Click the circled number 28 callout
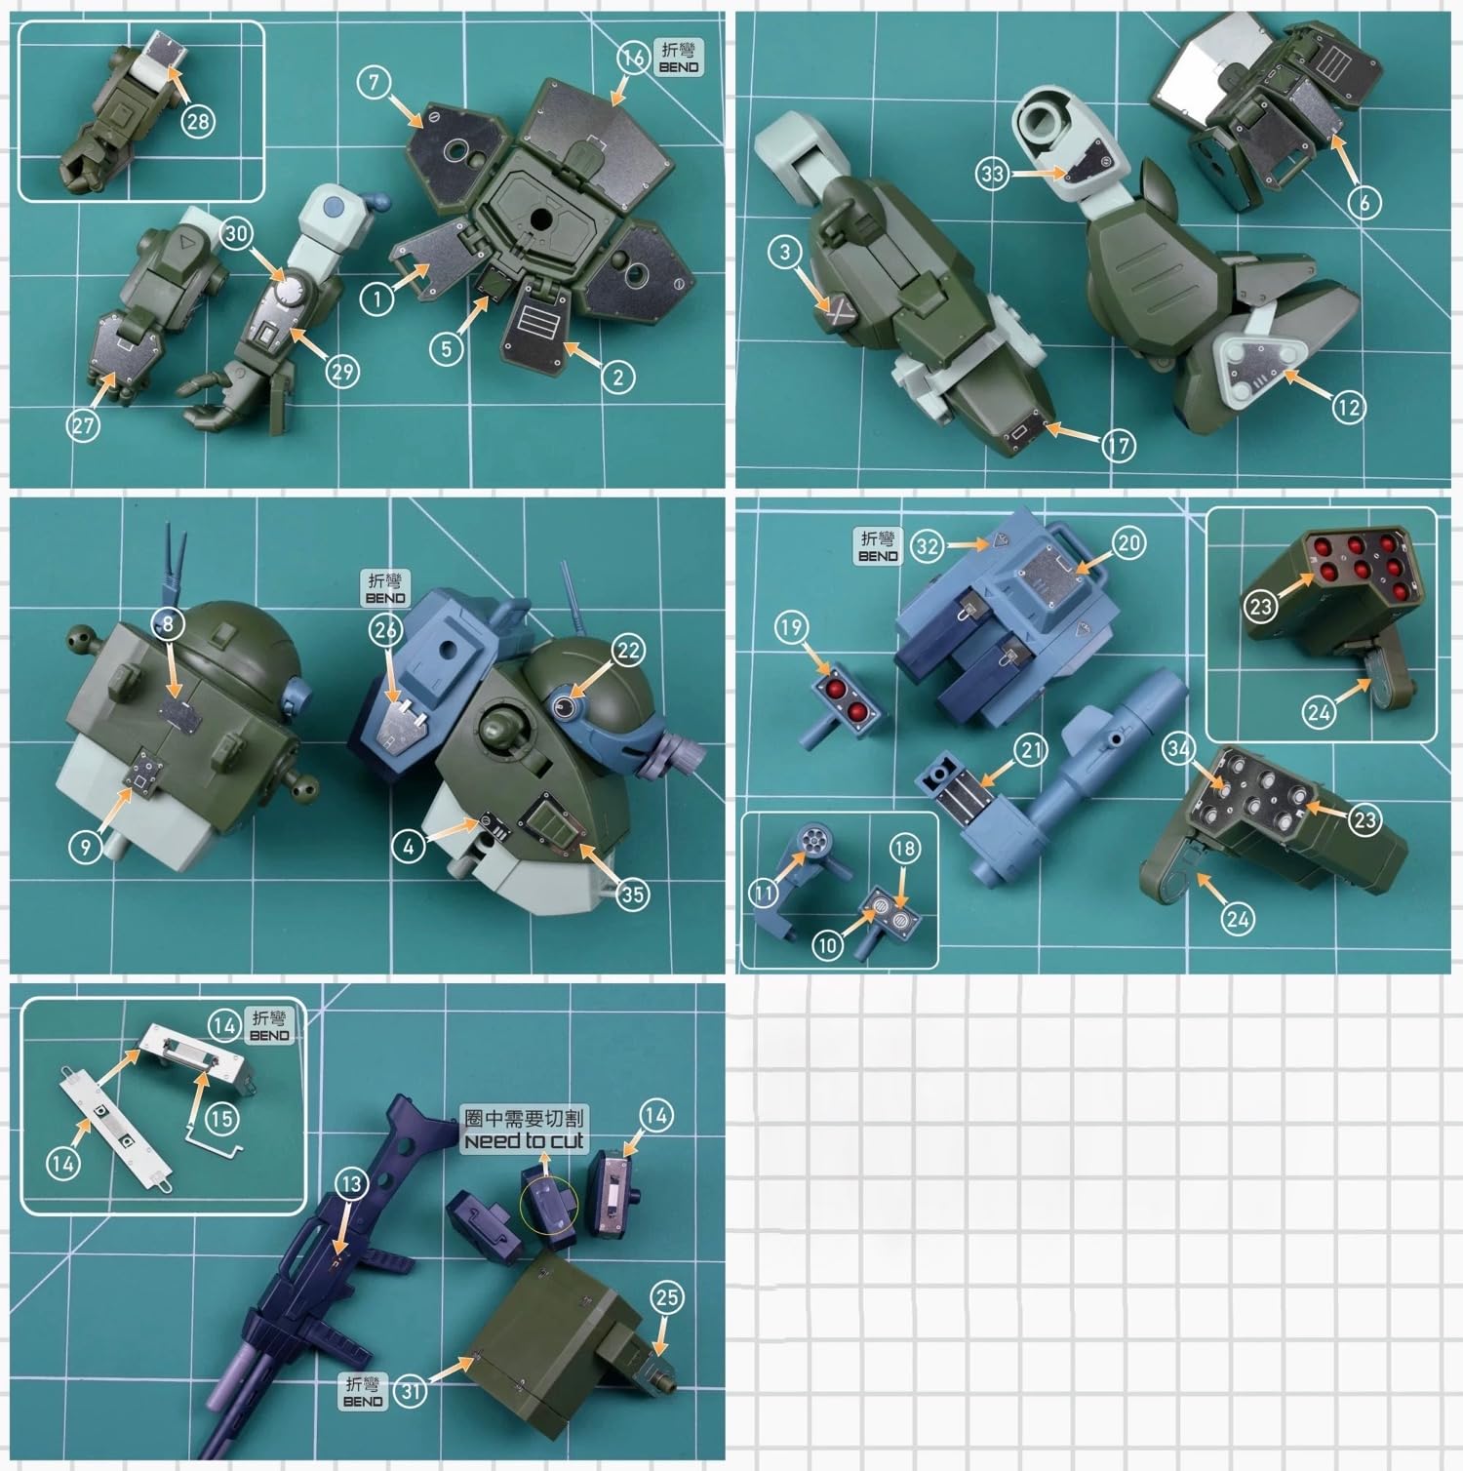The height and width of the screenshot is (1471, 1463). coord(198,121)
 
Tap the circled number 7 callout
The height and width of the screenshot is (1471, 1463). coord(374,82)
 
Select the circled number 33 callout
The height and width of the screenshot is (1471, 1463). coord(993,175)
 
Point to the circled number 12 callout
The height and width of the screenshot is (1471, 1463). coord(1349,407)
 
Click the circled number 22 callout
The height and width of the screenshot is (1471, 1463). coord(628,650)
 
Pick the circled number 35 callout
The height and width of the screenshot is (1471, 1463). coord(633,894)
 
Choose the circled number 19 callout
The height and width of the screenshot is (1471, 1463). coord(791,627)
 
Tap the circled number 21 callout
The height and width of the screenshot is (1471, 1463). coord(1031,750)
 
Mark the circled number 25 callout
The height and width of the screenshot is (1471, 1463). coord(667,1297)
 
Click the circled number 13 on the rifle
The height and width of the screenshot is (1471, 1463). coord(350,1184)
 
